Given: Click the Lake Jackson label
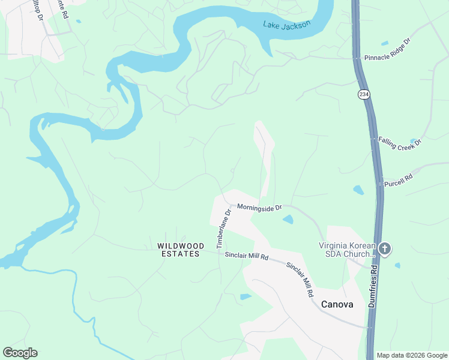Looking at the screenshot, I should click(287, 25).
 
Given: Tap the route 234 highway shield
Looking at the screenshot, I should click(364, 95).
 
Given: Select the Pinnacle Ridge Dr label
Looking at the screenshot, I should click(387, 50).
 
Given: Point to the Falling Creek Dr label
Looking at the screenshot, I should click(400, 143).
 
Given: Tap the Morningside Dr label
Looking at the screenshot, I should click(259, 207).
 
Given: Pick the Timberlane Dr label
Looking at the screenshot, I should click(223, 228).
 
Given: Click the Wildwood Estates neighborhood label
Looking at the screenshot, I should click(181, 250).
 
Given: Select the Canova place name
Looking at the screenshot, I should click(337, 304).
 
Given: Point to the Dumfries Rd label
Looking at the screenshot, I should click(373, 287).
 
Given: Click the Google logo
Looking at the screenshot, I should click(20, 353).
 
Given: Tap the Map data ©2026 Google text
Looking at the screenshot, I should click(412, 355).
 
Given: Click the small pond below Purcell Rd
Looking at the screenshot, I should click(358, 190).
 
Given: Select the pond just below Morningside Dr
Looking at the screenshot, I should click(288, 220).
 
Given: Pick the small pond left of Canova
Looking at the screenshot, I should click(245, 296).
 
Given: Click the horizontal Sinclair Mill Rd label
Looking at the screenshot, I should click(246, 256).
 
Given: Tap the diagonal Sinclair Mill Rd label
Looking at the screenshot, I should click(300, 280).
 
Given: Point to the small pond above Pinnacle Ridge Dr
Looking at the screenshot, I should click(384, 43).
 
